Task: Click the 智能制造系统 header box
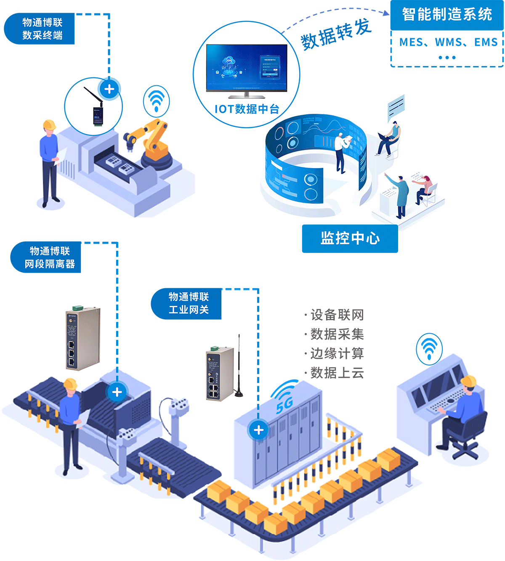tap(447, 15)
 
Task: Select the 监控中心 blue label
tap(350, 238)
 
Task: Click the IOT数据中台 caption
tap(247, 109)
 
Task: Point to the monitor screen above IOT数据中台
tap(247, 67)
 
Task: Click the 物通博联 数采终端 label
tap(42, 29)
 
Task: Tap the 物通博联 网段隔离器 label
tap(49, 257)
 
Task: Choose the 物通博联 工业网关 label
tap(189, 303)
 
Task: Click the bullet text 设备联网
tap(337, 315)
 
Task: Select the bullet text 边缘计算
tap(337, 353)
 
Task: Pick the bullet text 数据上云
tap(337, 373)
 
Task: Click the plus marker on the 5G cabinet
tap(258, 430)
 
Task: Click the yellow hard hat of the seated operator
tap(468, 381)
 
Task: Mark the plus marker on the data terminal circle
tap(109, 89)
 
